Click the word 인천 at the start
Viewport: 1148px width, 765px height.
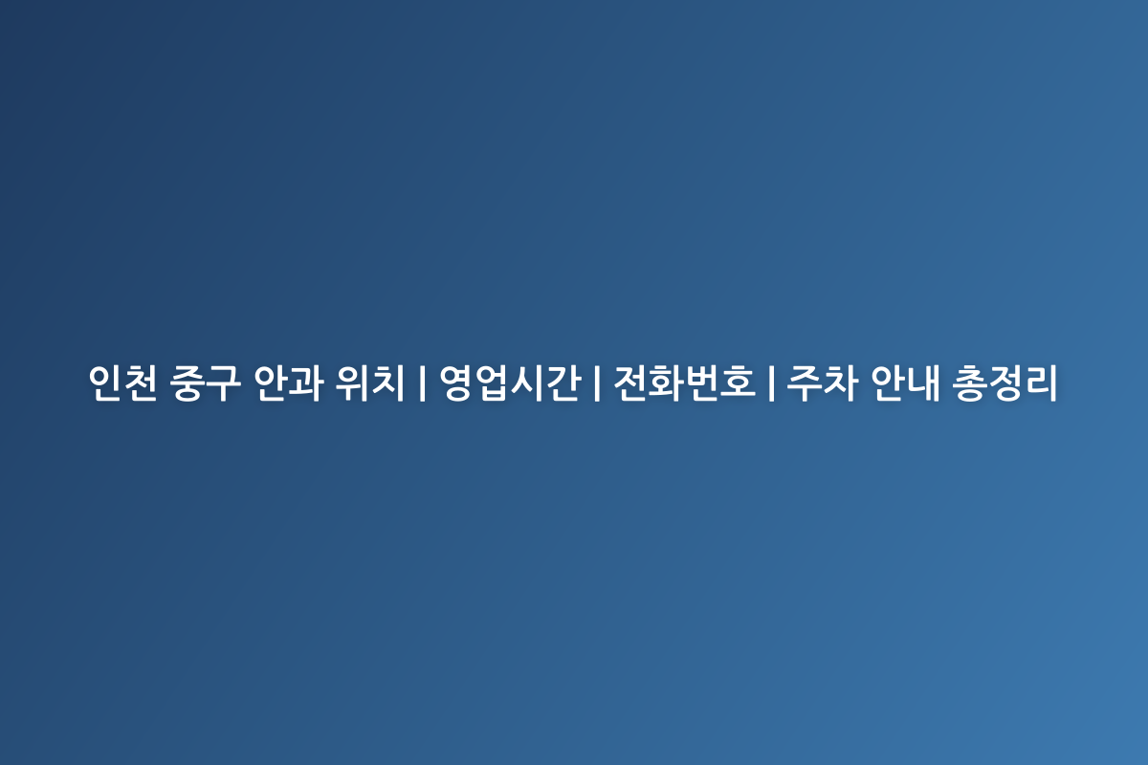(122, 382)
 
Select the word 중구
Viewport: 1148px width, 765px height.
(205, 382)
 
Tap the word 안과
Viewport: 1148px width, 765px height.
(289, 382)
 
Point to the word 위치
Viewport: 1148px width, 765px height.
(370, 382)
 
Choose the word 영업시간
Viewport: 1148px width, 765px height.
(511, 382)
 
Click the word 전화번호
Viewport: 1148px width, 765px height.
(684, 382)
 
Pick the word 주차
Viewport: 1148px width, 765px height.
(823, 382)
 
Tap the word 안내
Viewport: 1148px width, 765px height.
(906, 382)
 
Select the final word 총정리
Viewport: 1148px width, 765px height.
(1005, 382)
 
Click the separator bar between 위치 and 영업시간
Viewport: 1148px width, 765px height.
(422, 382)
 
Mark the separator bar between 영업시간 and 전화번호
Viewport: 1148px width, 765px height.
(597, 382)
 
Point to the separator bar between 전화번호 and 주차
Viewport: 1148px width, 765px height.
(771, 382)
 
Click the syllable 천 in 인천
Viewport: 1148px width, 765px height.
(141, 382)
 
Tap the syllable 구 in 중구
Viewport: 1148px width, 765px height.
(224, 382)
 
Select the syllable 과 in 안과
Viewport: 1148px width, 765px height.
(307, 382)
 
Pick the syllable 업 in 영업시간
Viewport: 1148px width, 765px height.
(493, 382)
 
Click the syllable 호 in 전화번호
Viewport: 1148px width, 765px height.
(738, 382)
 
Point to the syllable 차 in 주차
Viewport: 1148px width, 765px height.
(841, 382)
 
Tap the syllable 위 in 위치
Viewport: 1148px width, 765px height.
(352, 382)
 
